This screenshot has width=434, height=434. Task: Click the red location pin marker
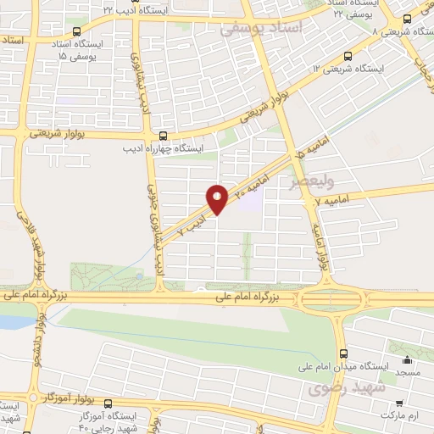pos(217,198)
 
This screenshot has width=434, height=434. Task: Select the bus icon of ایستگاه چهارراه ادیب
pos(163,134)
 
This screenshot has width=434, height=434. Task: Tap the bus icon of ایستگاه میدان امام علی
pos(342,354)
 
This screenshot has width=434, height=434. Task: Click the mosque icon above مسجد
pos(408,359)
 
